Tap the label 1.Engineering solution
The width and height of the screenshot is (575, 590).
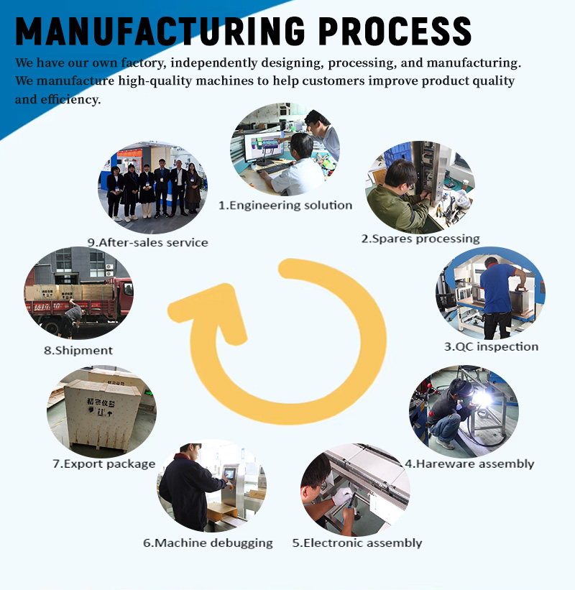(285, 206)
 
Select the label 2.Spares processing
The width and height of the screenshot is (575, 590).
(420, 239)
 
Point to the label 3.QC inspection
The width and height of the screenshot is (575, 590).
(491, 346)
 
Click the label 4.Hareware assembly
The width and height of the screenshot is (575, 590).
(469, 464)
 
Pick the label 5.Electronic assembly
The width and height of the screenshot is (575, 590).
(356, 543)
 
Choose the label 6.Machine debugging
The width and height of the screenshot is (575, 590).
(208, 543)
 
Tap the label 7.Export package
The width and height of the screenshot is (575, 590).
(103, 464)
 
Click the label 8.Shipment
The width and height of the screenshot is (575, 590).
(78, 351)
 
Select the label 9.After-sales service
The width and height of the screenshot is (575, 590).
(148, 242)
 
